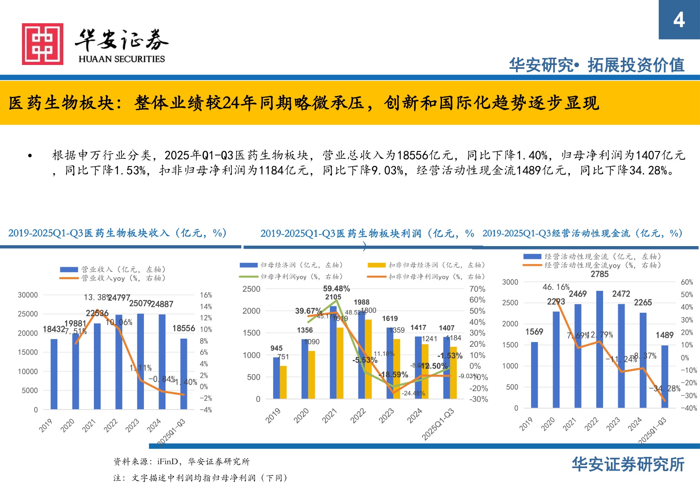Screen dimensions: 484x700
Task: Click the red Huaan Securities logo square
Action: click(43, 44)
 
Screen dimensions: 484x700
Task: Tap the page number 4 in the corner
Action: click(679, 20)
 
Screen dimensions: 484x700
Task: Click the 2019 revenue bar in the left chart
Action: click(54, 374)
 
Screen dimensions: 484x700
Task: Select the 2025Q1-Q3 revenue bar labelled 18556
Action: click(184, 373)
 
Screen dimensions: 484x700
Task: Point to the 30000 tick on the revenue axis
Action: click(28, 295)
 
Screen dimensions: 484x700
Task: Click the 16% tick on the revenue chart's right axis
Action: click(206, 295)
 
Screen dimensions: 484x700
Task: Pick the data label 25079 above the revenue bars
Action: click(140, 304)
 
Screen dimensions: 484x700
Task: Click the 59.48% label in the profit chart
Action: click(336, 289)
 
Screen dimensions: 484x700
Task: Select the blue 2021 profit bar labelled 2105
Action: click(333, 352)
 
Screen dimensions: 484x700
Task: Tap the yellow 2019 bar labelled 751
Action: click(283, 382)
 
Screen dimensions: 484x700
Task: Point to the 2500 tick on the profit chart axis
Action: click(251, 289)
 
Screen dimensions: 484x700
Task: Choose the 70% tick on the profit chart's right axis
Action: click(477, 289)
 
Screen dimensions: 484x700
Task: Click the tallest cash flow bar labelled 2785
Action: click(600, 349)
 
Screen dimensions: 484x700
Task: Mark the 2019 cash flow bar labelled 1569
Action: click(535, 375)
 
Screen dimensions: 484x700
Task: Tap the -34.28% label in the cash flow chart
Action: click(664, 388)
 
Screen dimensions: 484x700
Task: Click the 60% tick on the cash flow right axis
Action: click(687, 282)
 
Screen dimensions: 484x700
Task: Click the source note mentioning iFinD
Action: click(181, 462)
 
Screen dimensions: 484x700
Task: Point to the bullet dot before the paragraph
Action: click(30, 156)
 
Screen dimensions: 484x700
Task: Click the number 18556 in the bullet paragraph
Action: click(412, 155)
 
